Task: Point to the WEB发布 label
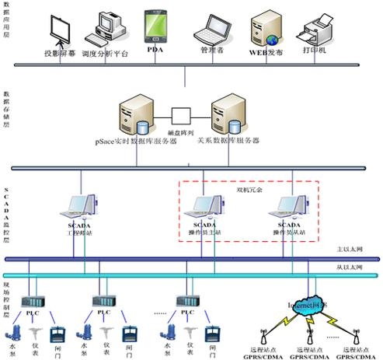pos(265,51)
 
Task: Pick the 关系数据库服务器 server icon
pos(230,114)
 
